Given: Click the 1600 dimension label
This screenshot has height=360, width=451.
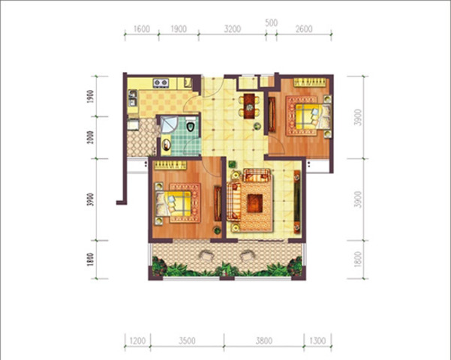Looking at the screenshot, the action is [142, 28].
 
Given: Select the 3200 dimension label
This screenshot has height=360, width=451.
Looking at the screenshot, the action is [233, 28].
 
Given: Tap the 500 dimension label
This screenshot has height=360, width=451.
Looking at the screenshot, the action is [271, 22].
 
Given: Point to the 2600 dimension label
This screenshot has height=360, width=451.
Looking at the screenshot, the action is [304, 28].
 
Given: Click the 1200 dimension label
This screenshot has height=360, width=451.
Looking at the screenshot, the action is [138, 340].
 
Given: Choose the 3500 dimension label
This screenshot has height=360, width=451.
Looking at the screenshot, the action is [187, 340].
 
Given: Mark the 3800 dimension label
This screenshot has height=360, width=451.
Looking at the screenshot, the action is [264, 340].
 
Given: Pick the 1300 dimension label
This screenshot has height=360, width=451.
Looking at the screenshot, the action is [317, 340].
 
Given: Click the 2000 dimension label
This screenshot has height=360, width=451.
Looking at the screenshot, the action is [91, 137].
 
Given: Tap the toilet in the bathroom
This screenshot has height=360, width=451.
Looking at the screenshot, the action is [191, 124].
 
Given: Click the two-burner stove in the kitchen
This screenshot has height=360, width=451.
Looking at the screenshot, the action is [161, 83].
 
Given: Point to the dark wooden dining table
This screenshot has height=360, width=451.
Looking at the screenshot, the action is [249, 106].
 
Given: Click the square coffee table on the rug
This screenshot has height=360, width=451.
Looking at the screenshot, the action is [255, 203].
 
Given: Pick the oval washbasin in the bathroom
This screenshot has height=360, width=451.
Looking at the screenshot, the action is [167, 145].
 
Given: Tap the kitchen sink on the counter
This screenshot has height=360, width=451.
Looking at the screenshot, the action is [133, 98].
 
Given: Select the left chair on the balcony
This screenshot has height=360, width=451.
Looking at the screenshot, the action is [206, 255].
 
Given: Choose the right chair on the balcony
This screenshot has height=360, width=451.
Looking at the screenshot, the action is [247, 255].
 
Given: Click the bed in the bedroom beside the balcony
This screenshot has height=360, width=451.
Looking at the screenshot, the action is [173, 203].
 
